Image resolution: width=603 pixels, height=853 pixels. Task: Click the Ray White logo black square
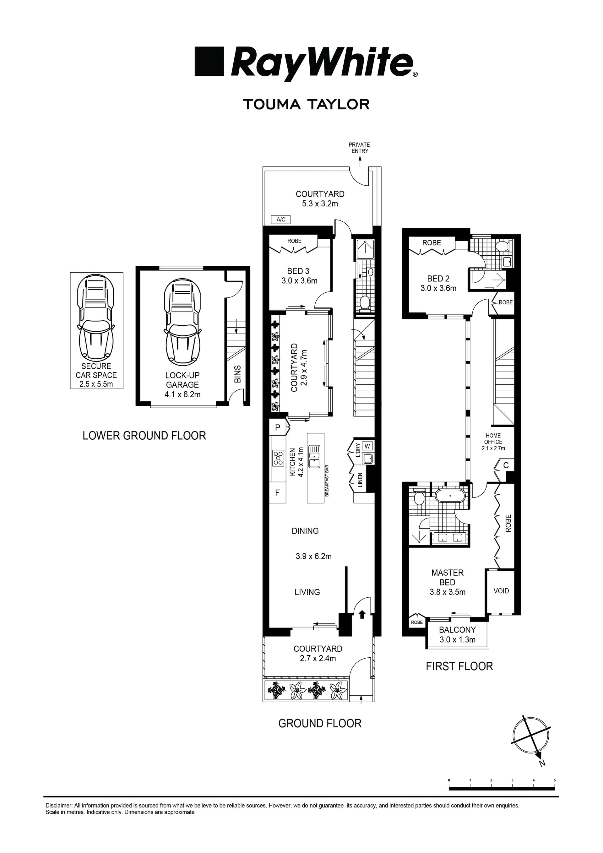[x=209, y=61]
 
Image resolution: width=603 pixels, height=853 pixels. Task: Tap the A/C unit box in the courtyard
[x=281, y=220]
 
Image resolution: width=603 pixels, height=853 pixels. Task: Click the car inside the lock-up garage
[x=182, y=321]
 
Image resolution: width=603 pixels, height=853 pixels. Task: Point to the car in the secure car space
[x=96, y=319]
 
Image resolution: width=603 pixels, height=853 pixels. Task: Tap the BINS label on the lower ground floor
[x=238, y=374]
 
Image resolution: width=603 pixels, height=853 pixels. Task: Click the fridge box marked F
[x=278, y=493]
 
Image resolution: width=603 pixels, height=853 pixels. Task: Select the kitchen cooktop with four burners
[x=278, y=458]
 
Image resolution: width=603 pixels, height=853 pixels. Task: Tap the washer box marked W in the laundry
[x=368, y=446]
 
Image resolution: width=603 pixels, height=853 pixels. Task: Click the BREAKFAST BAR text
[x=327, y=481]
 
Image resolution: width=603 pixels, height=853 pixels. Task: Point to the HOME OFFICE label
[x=493, y=439]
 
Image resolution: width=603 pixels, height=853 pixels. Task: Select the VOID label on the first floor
[x=501, y=591]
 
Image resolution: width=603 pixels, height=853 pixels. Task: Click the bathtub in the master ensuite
[x=449, y=496]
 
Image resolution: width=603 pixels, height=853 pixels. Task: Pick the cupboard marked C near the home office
[x=506, y=465]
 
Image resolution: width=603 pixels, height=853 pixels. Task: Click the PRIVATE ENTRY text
[x=359, y=148]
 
